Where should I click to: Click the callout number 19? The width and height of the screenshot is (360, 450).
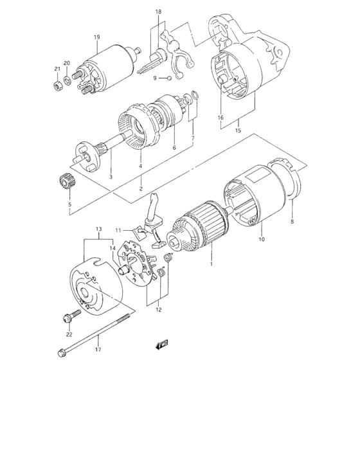coord(96,37)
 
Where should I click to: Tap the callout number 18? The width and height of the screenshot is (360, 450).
coord(158,12)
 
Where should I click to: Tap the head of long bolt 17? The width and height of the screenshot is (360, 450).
coord(61,353)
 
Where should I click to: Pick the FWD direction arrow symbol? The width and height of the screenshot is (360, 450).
coord(159,346)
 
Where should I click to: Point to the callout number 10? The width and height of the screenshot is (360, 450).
coord(261,240)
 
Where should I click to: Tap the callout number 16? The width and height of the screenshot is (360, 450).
coord(221,118)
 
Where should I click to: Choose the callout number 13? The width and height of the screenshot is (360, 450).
coord(99,229)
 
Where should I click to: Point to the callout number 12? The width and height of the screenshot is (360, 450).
coord(158,309)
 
